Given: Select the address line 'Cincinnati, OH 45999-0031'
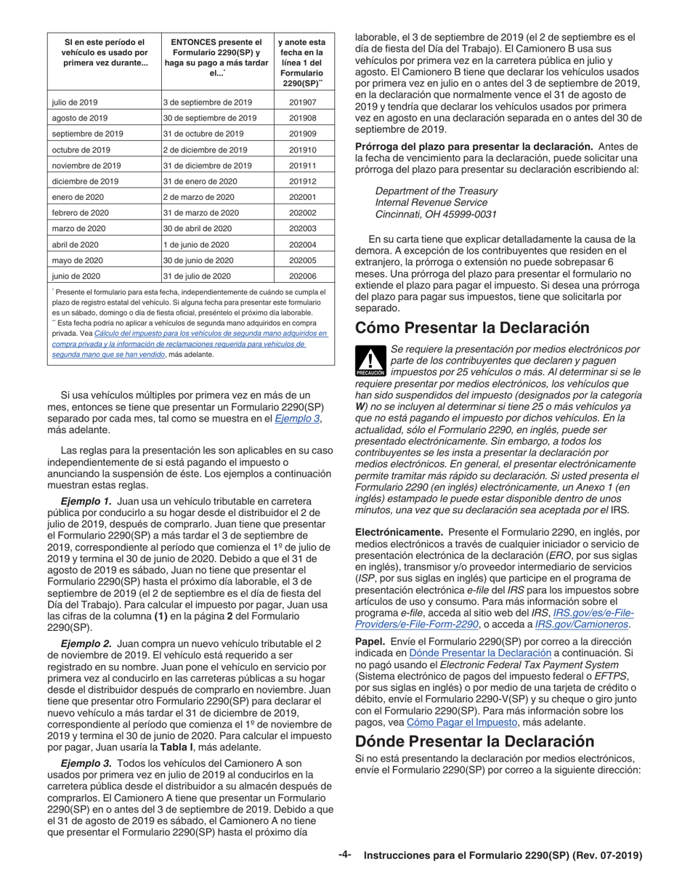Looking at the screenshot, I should tap(436, 214).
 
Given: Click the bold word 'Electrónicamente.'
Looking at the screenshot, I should tap(399, 533).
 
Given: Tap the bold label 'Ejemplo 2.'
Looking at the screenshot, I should tap(86, 644).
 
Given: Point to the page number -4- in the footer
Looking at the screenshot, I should tap(345, 855).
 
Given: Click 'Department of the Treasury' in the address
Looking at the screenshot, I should tap(436, 191).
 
